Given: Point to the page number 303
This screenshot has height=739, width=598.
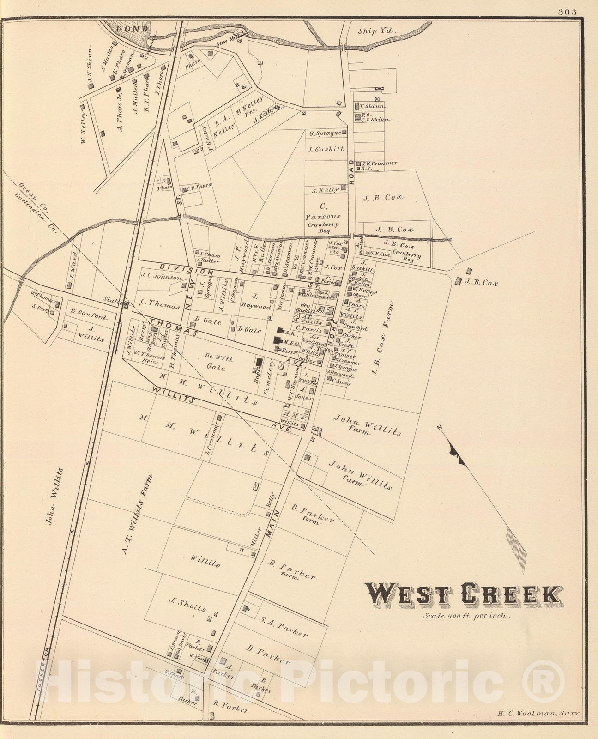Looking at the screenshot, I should coord(567,12).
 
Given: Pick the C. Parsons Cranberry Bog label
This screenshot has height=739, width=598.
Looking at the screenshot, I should coord(323,217).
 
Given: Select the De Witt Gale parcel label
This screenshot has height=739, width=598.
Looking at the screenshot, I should coord(218,363).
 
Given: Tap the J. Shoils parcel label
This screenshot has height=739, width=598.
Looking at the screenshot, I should coord(187,605).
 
